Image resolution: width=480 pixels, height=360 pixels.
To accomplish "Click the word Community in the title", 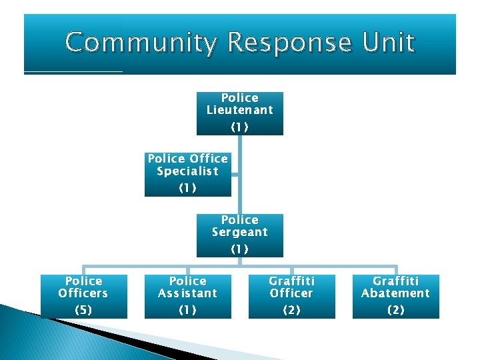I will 142,43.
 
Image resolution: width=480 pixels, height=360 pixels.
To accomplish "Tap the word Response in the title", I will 291,43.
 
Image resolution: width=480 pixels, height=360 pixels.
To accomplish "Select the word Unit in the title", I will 389,43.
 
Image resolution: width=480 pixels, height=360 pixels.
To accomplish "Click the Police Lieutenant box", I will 239,113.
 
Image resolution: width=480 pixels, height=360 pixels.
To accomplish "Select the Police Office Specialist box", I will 187,175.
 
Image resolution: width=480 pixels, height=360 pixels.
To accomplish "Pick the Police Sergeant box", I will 239,235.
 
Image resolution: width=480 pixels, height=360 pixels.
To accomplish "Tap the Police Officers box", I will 83,297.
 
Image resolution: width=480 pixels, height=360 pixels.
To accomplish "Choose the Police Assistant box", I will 187,297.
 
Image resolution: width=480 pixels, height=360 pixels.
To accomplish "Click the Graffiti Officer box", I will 291,297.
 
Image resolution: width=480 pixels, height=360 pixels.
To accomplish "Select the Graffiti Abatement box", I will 395,297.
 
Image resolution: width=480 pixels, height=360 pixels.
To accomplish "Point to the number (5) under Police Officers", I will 83,310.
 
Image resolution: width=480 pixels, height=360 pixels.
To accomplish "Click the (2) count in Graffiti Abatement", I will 395,310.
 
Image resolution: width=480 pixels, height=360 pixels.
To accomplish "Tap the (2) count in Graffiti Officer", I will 291,310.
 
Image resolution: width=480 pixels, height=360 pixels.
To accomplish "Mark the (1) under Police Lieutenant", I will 239,127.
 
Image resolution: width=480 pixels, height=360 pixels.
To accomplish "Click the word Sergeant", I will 239,232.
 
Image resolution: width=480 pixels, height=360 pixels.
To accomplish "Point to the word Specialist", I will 187,171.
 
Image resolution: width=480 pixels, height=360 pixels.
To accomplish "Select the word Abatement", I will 395,293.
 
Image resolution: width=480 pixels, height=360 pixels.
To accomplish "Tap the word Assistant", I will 187,293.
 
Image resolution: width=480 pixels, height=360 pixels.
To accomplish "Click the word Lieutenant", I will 239,110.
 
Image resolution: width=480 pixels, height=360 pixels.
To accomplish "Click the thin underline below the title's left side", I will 73,71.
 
